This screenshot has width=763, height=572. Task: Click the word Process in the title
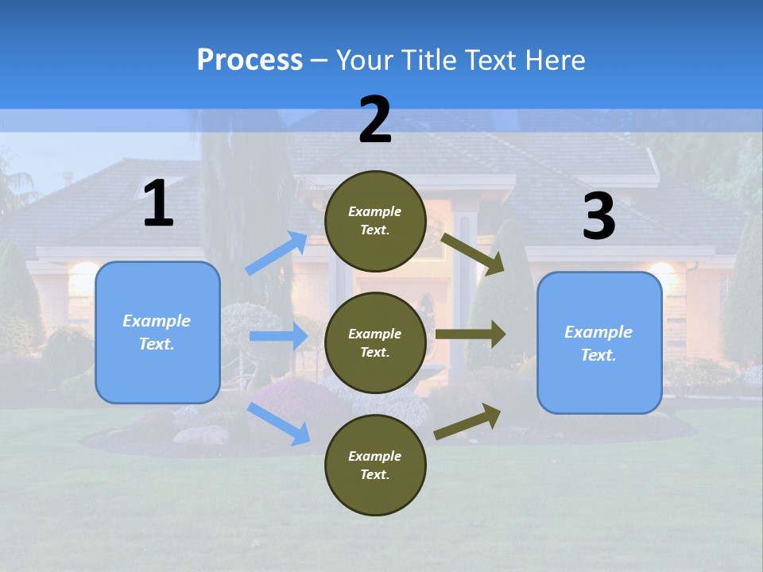point(250,60)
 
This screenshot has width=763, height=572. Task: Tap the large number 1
point(158,204)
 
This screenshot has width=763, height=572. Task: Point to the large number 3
point(599,216)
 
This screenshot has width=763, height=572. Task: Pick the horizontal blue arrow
point(278,336)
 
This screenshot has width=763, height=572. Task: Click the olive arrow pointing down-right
point(473,254)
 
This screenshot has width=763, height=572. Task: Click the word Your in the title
point(363,60)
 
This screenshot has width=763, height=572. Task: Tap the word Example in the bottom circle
point(375,456)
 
